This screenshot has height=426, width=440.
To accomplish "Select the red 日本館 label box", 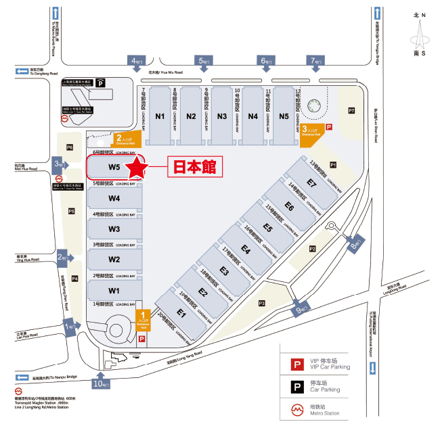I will tap(194, 166).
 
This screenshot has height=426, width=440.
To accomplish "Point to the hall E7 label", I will tap(311, 183).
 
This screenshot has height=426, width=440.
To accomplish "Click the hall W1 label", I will tap(114, 291).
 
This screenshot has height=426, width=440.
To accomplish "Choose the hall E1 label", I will tap(181, 313).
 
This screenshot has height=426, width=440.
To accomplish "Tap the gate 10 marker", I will tap(101, 383).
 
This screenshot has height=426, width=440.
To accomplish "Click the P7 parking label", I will tap(351, 110).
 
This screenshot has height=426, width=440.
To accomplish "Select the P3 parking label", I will tap(261, 303).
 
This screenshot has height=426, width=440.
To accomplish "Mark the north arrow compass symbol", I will tap(420, 34).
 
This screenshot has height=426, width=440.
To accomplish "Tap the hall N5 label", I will tap(265, 116).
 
